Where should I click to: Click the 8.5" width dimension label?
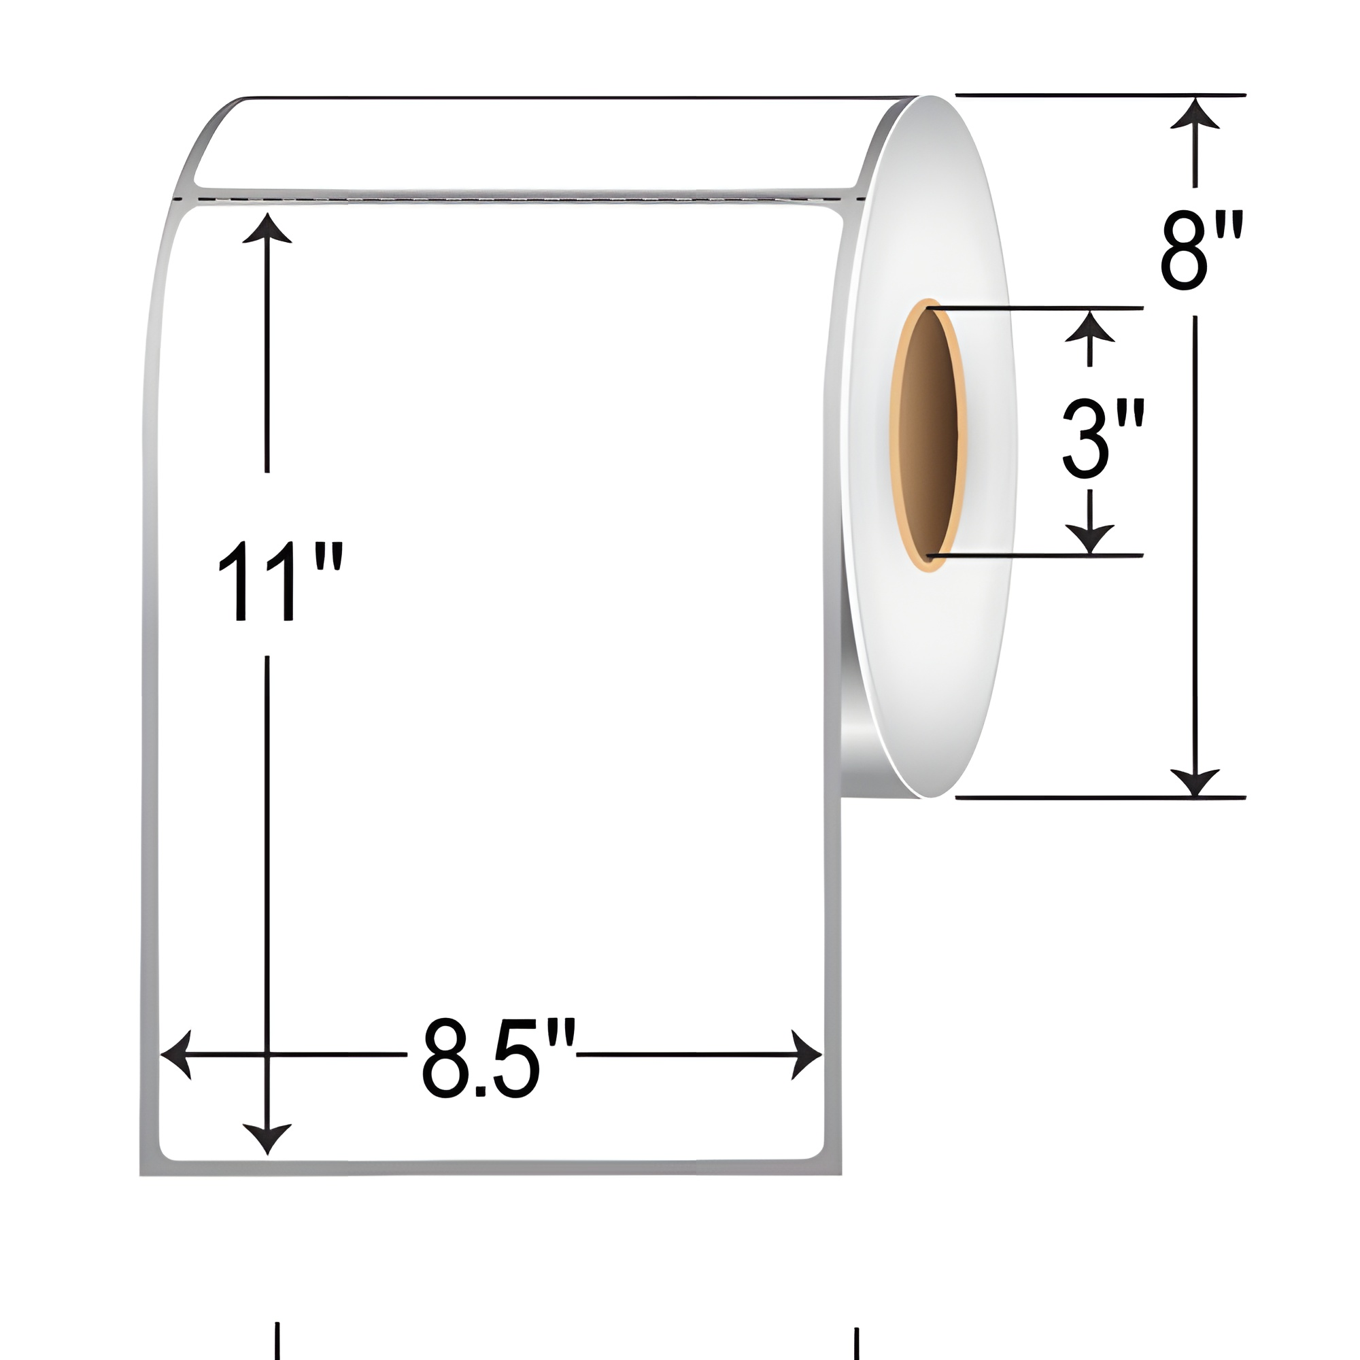point(498,1057)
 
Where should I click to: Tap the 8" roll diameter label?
point(1202,252)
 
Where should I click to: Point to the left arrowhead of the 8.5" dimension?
point(176,1055)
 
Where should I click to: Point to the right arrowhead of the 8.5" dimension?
point(806,1055)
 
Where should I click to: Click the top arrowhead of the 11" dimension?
point(267,228)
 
